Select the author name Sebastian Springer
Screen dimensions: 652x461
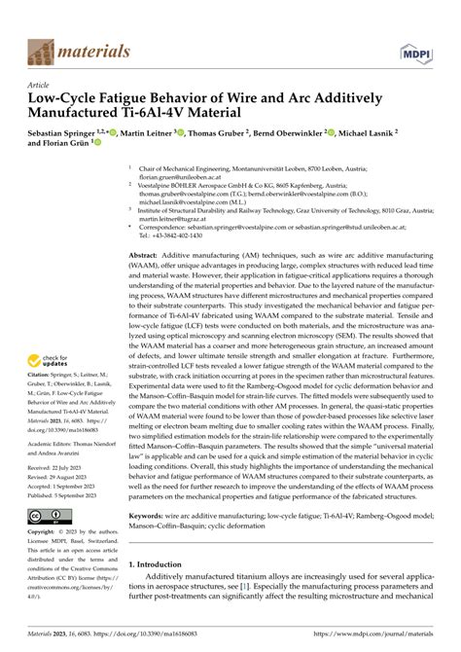[64, 135]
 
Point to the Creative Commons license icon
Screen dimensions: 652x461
[47, 515]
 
